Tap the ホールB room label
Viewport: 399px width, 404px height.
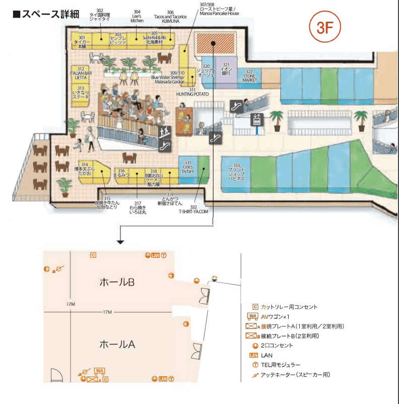click(117, 283)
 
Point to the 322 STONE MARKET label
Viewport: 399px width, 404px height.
click(249, 76)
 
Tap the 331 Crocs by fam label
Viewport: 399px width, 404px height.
click(187, 168)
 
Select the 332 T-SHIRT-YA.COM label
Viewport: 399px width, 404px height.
click(193, 210)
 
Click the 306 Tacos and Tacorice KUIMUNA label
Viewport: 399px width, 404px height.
click(170, 16)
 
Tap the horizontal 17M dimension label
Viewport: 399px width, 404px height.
click(107, 312)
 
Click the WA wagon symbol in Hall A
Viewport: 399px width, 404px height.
click(100, 371)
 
